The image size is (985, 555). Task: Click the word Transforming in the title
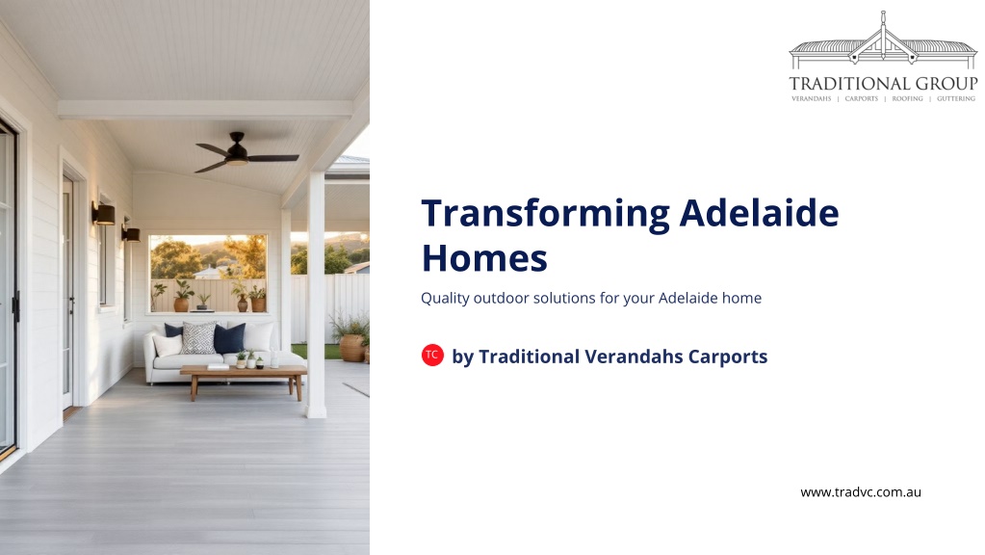tap(545, 214)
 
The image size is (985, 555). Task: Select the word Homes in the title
tap(484, 257)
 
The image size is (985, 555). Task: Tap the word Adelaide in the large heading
tap(759, 212)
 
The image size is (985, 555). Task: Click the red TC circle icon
tap(432, 356)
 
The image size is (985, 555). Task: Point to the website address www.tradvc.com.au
tap(861, 492)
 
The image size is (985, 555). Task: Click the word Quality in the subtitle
tap(445, 299)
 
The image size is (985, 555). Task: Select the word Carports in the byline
tap(728, 357)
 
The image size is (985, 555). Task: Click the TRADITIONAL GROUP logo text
tap(883, 84)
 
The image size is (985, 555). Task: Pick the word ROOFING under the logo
tap(908, 98)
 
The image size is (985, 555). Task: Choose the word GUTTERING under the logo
tap(956, 98)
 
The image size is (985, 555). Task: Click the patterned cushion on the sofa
tap(198, 338)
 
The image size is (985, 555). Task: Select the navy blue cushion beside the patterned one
tap(229, 339)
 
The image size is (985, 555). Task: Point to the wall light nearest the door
tap(104, 214)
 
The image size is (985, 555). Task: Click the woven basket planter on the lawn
tap(352, 348)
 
